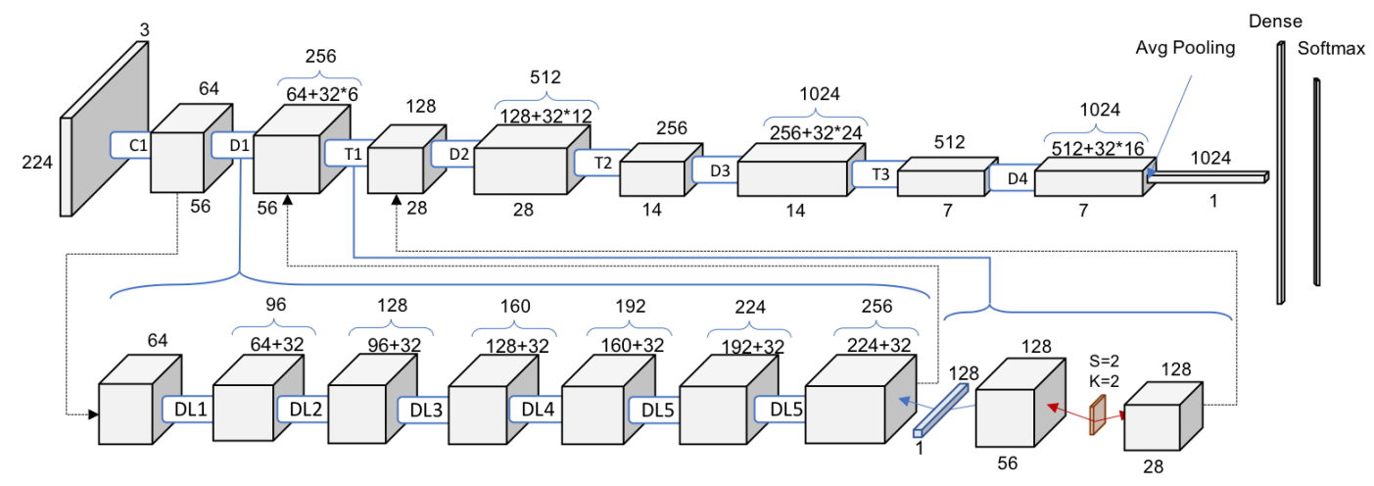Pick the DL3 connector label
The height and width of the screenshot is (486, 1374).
[424, 409]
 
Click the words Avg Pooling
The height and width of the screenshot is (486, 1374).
[1187, 46]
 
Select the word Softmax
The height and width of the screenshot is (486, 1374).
[1331, 48]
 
